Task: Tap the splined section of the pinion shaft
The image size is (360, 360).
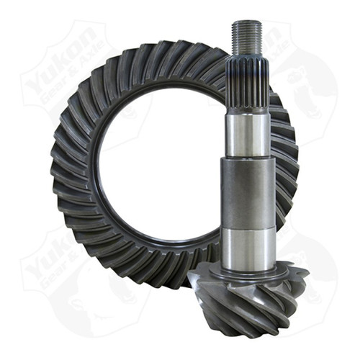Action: [x=247, y=86]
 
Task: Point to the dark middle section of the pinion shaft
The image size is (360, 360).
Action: [x=247, y=194]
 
